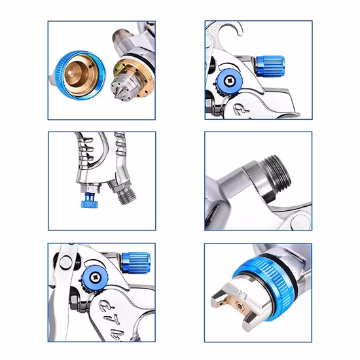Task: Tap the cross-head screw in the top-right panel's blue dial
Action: (231, 81)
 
